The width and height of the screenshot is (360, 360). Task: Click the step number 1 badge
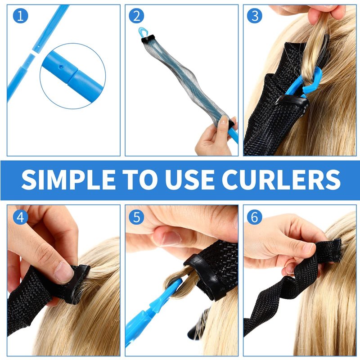[x=20, y=16]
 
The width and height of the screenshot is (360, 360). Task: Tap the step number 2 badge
[x=136, y=16]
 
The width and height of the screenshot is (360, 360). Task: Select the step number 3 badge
[x=254, y=16]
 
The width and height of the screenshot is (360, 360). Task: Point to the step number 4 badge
[x=20, y=217]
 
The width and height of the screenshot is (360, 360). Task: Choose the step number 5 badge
[x=136, y=217]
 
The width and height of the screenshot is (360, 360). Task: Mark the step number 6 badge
[x=254, y=217]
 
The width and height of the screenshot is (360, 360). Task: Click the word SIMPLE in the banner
[x=68, y=180]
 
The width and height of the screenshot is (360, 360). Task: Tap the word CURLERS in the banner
[x=281, y=180]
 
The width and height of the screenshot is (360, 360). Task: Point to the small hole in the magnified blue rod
[x=61, y=67]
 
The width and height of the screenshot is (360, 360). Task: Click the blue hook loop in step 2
[x=142, y=33]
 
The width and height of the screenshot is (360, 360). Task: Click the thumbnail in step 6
[x=308, y=248]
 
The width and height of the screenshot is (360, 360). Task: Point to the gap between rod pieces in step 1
[x=34, y=53]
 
